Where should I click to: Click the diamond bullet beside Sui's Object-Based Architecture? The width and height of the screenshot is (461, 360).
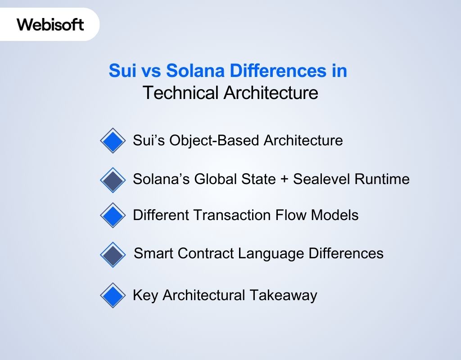(113, 141)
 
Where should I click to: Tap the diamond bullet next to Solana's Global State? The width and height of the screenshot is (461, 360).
(113, 180)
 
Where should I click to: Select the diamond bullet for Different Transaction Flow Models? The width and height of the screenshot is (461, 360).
(113, 215)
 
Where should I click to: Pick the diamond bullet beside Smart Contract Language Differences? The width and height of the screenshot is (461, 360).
(113, 255)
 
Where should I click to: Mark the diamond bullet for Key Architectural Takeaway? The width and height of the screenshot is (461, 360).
(113, 295)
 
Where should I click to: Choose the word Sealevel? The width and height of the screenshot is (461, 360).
(321, 179)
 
